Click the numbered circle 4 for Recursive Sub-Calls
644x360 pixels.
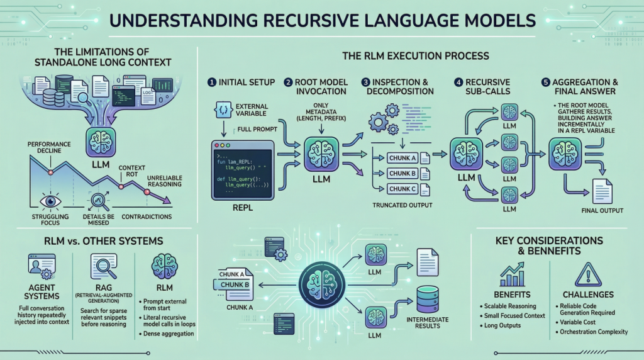(x=458, y=82)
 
